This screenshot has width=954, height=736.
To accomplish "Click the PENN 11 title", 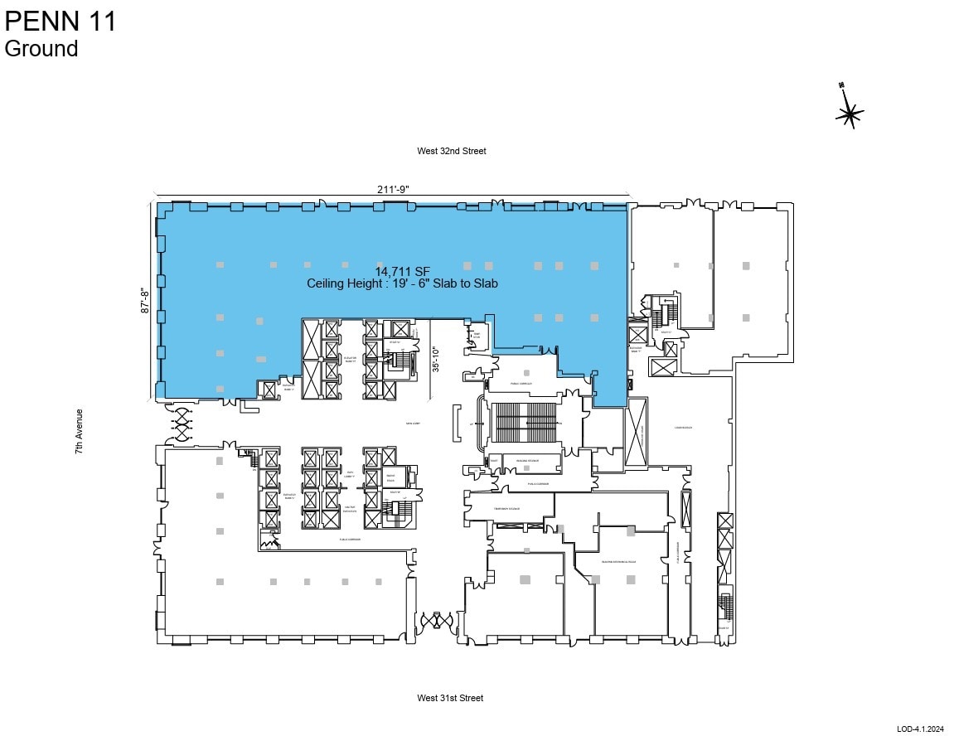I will (x=61, y=21).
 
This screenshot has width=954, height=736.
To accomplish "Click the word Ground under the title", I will (x=41, y=49).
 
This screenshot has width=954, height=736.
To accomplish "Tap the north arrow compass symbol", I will (x=850, y=114).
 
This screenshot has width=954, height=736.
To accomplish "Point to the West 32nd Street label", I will (x=452, y=151).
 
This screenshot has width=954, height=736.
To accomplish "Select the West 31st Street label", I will (x=449, y=698).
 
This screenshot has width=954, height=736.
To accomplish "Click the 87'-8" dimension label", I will (x=146, y=300).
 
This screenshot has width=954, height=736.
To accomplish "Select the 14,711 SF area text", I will (x=403, y=271).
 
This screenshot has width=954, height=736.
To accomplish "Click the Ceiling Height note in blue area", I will (x=402, y=283).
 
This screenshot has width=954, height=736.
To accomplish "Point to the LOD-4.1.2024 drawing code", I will (x=920, y=729).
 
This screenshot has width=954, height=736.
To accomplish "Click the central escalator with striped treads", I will (x=525, y=424).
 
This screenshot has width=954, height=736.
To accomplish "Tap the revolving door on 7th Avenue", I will (x=181, y=423).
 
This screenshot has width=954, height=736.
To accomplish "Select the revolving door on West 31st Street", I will (x=437, y=621).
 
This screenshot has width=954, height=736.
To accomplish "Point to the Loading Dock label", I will (x=684, y=428).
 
